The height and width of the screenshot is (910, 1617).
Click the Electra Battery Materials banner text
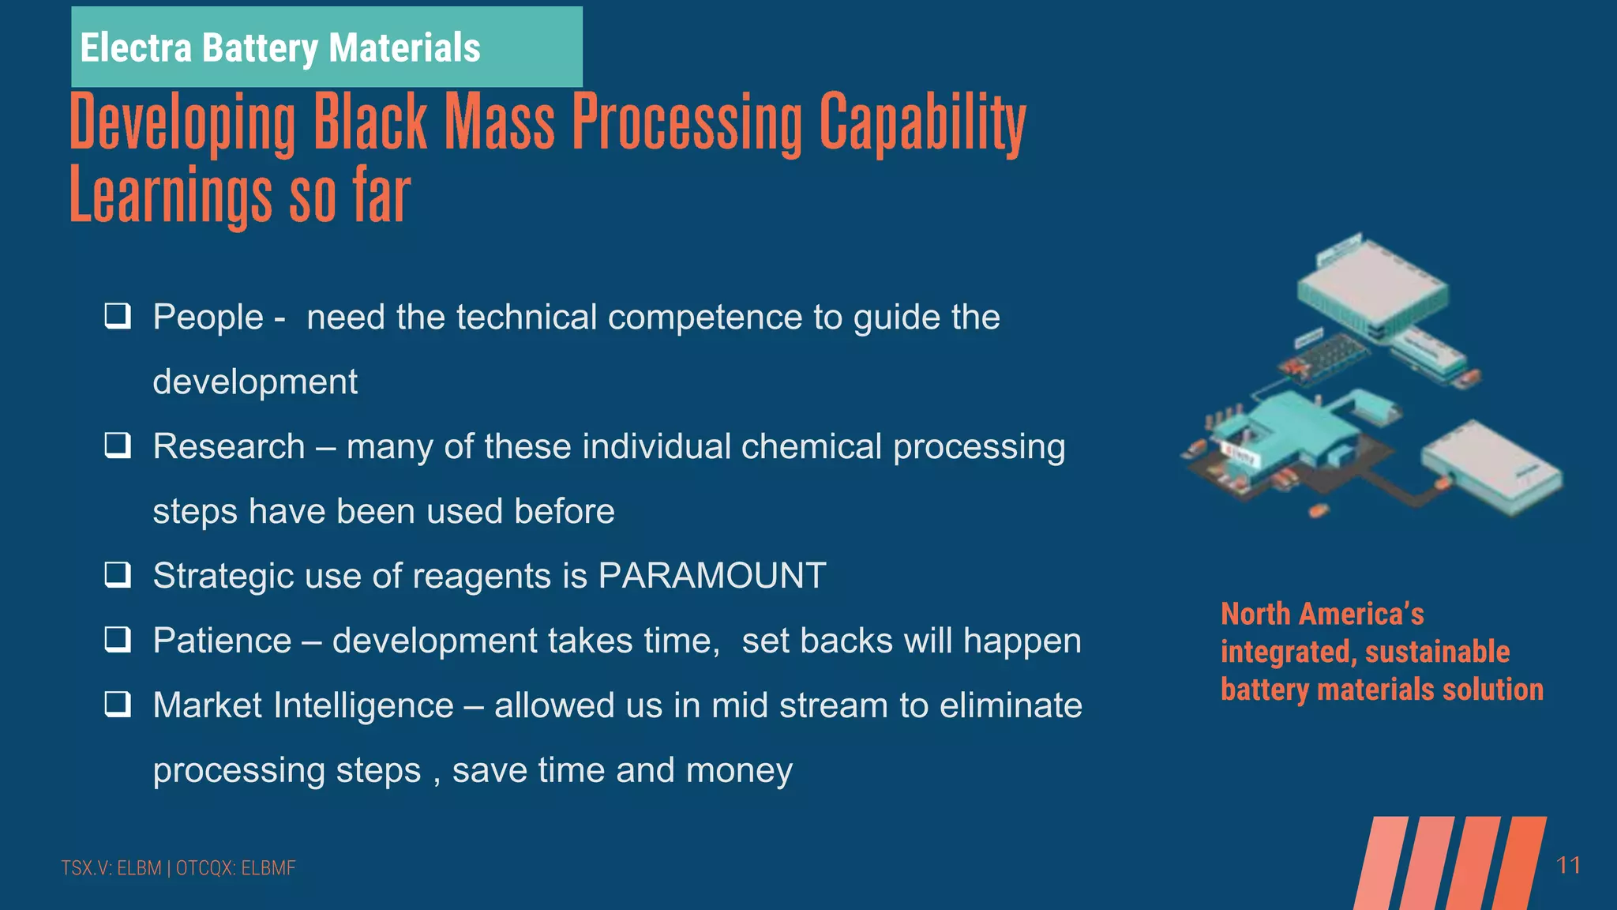tap(280, 47)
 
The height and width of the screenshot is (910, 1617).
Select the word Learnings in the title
tap(170, 195)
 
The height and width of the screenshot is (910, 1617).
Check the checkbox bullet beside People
tap(118, 316)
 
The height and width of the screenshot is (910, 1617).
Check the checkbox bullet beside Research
tap(118, 446)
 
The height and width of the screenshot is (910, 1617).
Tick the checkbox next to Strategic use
tap(118, 574)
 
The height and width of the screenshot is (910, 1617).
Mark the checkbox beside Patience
tap(118, 639)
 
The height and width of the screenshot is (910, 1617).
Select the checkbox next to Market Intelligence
tap(118, 704)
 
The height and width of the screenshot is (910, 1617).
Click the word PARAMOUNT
tap(712, 575)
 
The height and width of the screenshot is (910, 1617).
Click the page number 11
tap(1568, 866)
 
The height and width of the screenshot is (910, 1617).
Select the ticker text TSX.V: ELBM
tap(111, 868)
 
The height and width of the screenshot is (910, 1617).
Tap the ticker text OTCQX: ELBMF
tap(235, 868)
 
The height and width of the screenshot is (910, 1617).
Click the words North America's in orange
tap(1322, 614)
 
